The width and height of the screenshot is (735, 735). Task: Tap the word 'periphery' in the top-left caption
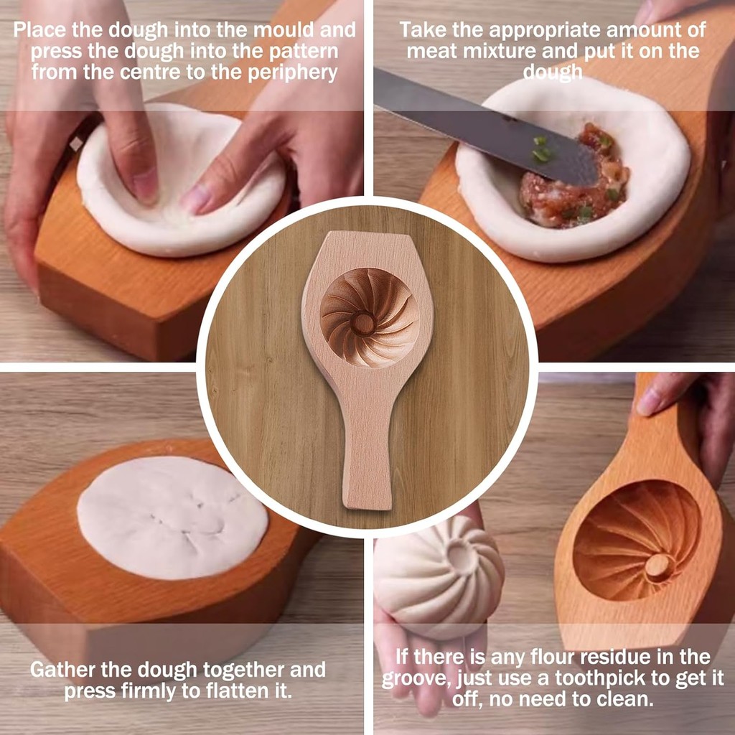pyautogui.click(x=292, y=73)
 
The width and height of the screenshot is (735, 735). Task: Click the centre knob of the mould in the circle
pyautogui.click(x=363, y=324)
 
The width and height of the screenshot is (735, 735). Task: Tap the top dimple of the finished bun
pyautogui.click(x=462, y=556)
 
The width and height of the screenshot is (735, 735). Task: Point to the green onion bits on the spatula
pyautogui.click(x=541, y=150)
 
